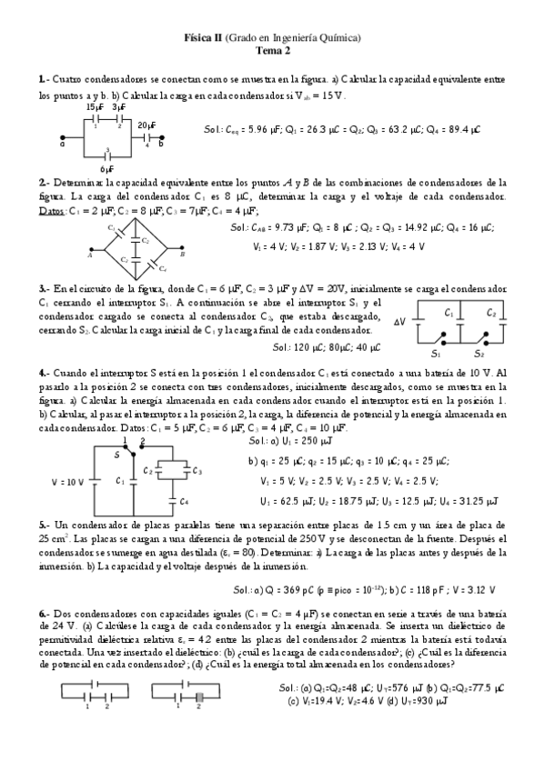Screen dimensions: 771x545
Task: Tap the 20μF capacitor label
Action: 147,124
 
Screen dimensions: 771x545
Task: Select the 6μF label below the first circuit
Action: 108,169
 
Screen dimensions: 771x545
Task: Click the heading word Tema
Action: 263,51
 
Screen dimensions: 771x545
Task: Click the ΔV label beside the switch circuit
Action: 399,322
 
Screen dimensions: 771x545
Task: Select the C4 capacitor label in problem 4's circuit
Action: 184,501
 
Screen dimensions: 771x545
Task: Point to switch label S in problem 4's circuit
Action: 116,454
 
